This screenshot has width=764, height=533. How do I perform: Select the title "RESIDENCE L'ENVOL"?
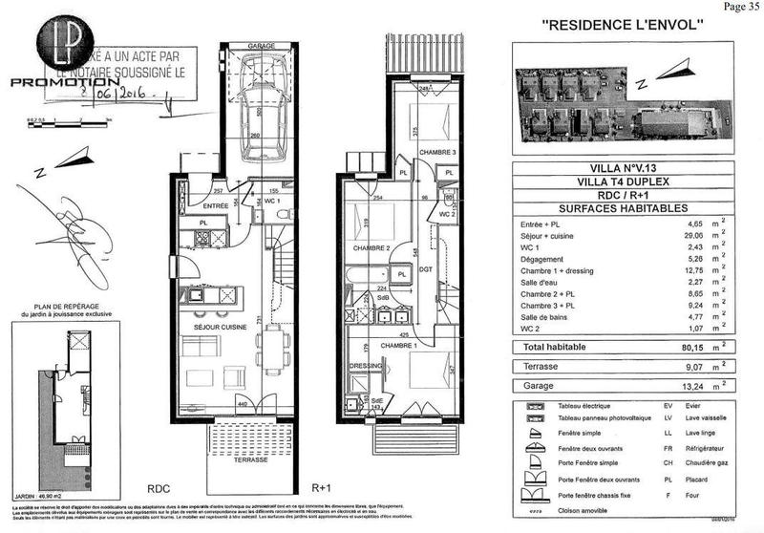coord(624,25)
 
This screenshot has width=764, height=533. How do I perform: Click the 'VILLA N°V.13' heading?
coord(622,169)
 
